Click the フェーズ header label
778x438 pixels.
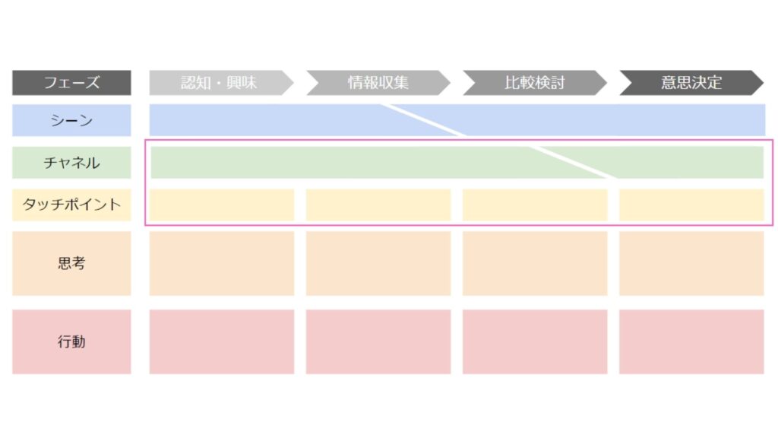tap(71, 82)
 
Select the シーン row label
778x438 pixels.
tap(71, 120)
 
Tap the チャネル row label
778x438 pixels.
tap(71, 163)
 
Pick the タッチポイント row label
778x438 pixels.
tap(71, 205)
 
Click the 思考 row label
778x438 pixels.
tap(71, 263)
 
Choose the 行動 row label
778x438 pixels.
tap(71, 341)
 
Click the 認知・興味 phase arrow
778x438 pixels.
tap(221, 82)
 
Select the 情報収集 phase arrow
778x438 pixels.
tap(378, 82)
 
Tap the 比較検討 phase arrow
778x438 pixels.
tap(535, 82)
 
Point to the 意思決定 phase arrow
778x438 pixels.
tap(691, 82)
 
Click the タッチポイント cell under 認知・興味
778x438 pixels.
tap(222, 205)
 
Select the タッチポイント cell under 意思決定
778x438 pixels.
tap(691, 205)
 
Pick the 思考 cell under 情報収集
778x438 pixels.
tap(378, 263)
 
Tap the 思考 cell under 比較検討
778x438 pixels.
tap(535, 263)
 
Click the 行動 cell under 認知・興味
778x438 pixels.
tap(222, 341)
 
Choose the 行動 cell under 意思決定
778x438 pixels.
tap(691, 341)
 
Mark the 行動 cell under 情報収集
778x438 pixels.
tap(378, 341)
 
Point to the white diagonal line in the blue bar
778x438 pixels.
tap(423, 120)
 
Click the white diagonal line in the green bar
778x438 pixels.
tap(572, 163)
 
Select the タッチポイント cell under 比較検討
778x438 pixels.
tap(535, 205)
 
